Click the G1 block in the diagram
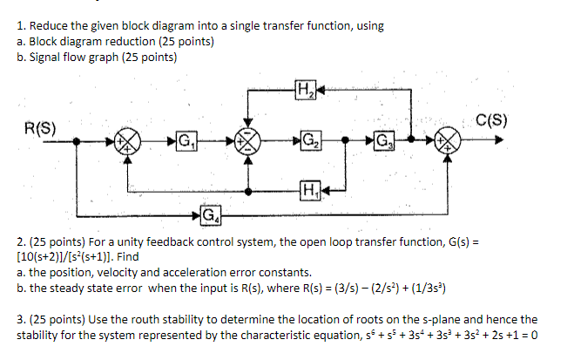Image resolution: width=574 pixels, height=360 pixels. coord(185,141)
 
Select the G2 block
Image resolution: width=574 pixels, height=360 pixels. coord(309,141)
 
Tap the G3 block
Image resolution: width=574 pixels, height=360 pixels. coord(384,141)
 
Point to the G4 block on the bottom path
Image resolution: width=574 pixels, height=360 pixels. coord(209,214)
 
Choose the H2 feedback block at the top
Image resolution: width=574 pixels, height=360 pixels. coord(305,88)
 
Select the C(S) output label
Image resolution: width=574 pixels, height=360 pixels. coord(494,119)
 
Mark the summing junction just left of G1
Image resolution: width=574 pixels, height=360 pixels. coord(129,142)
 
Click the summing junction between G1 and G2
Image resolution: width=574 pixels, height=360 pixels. coord(250,142)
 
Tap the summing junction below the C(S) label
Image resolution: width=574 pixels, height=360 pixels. coord(449,142)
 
